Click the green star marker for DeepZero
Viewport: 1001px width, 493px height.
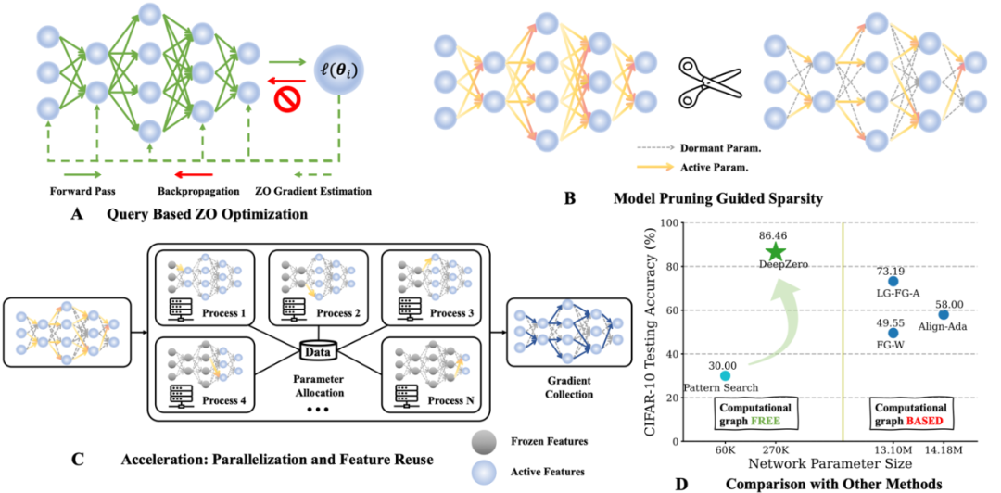(x=775, y=251)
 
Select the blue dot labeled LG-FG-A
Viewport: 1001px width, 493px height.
(x=893, y=281)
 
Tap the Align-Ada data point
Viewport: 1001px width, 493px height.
(x=944, y=314)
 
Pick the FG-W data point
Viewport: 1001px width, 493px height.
(x=893, y=333)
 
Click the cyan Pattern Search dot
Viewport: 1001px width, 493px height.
(x=725, y=375)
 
